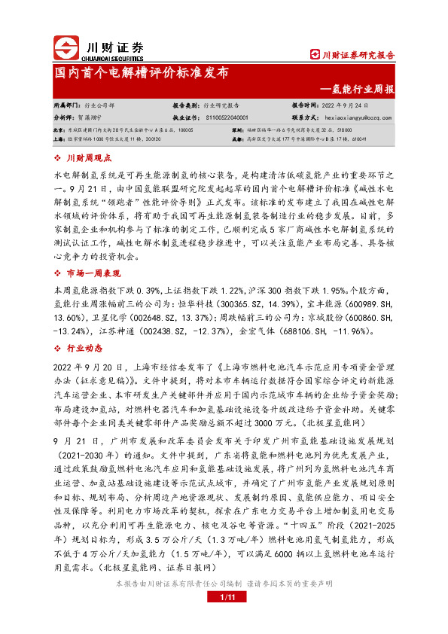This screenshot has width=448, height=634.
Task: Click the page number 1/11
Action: point(224,619)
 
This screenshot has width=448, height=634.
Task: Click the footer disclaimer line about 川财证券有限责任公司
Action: point(224,605)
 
